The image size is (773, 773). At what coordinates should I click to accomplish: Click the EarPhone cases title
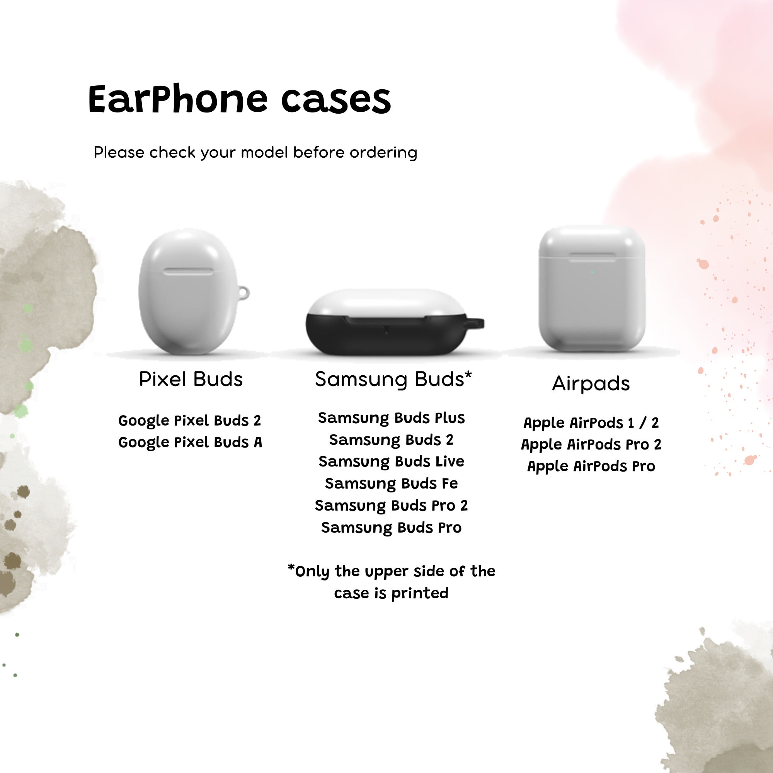coord(239,99)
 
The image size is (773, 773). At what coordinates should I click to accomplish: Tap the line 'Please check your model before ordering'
coord(255,152)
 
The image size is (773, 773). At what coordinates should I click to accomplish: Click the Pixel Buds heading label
coord(191,379)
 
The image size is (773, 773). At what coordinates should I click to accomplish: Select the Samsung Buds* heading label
coord(393,379)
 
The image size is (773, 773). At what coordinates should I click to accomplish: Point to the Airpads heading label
coord(591,383)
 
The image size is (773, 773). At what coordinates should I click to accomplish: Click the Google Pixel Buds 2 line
coord(190,421)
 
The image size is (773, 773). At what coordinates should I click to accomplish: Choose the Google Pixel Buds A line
coord(190,442)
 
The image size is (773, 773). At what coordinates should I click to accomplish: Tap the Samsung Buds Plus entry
coord(391,418)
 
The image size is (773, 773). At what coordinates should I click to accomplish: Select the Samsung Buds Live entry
coord(391,461)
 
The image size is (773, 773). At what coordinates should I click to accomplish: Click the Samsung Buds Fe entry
coord(391,484)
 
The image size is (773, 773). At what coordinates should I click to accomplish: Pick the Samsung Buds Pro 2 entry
coord(391,505)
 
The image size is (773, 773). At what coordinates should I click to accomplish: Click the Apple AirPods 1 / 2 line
coord(591,422)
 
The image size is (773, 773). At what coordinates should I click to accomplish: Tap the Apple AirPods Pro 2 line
coord(591,444)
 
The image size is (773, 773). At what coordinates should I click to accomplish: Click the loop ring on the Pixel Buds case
coord(243,293)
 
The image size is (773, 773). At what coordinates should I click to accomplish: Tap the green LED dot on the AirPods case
coord(592,272)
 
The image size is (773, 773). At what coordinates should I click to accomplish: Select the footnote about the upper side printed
coord(391,582)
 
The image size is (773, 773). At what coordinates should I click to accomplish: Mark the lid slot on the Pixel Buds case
coord(188,272)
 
